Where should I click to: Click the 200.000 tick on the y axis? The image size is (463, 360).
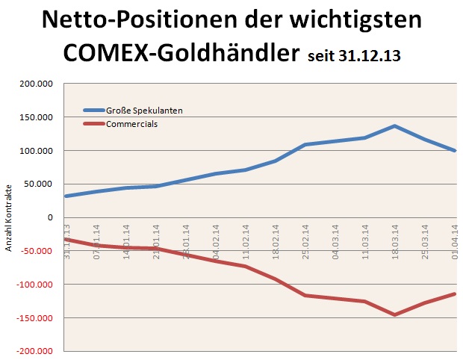coord(37,84)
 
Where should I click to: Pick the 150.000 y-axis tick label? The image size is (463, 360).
coord(37,117)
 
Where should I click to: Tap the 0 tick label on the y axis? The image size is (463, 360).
coord(50,217)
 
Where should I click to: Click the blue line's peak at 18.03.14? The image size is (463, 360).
coord(394,126)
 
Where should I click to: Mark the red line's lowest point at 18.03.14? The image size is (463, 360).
coord(394,314)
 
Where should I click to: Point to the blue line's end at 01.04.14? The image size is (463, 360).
coord(455,151)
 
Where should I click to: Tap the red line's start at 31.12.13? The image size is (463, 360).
coord(66,239)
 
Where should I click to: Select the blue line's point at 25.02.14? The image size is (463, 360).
coord(305,145)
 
